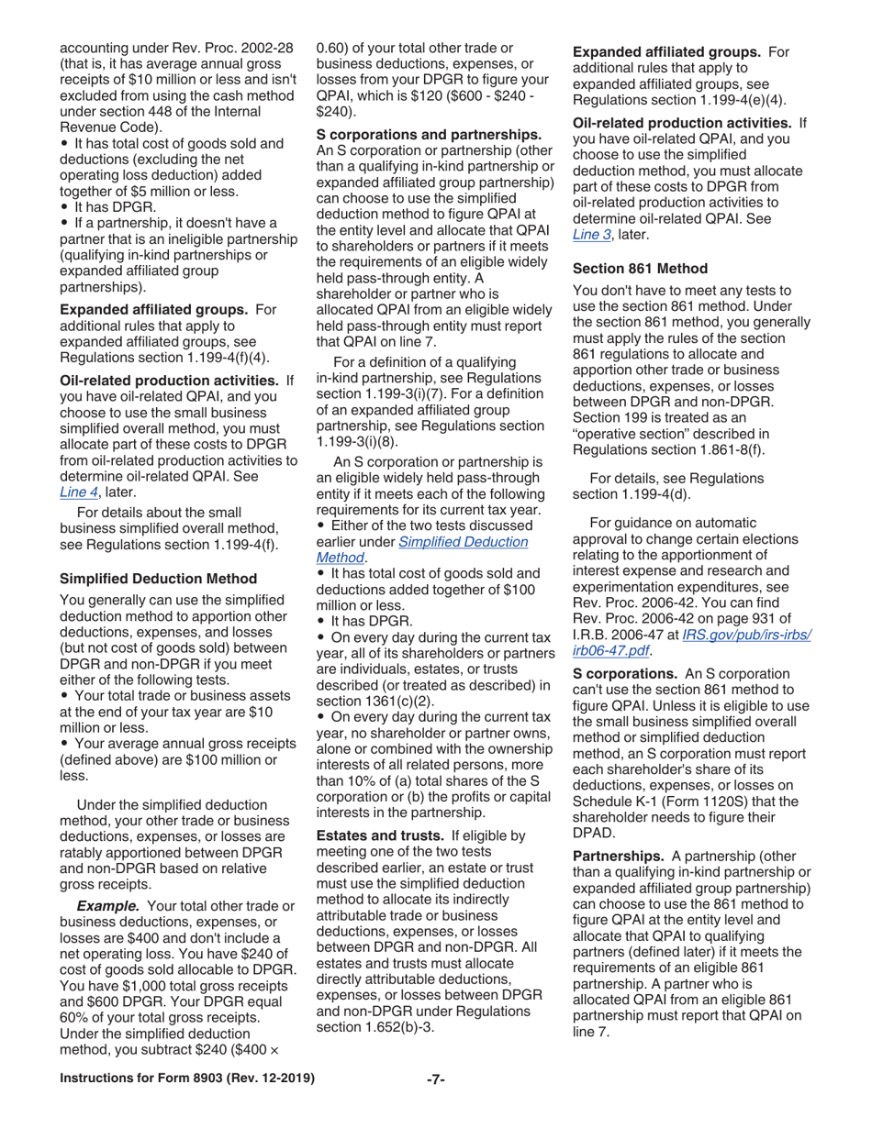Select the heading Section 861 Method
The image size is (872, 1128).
click(640, 269)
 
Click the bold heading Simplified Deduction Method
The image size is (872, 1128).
click(158, 579)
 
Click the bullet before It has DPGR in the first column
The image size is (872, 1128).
click(63, 208)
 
